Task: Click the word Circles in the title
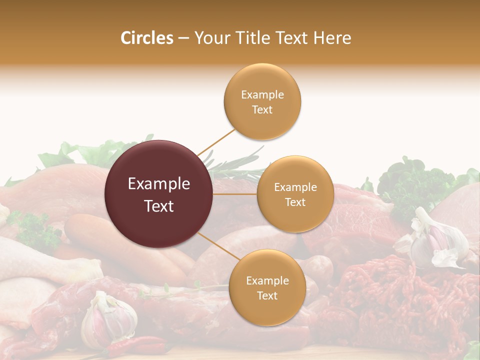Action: pyautogui.click(x=146, y=38)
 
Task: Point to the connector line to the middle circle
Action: pyautogui.click(x=235, y=194)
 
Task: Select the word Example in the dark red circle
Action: pyautogui.click(x=159, y=184)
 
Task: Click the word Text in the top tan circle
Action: pyautogui.click(x=262, y=109)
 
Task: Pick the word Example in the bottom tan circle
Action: pyautogui.click(x=267, y=281)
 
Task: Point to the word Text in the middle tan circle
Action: pyautogui.click(x=295, y=202)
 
